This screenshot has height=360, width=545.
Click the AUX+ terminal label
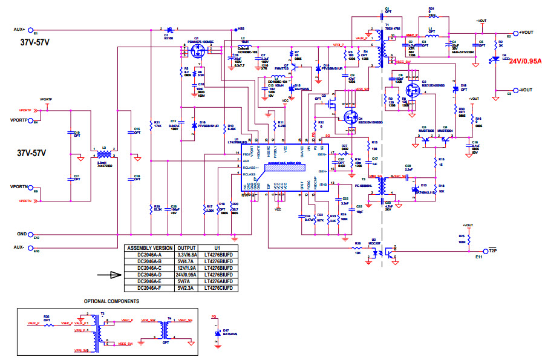pos(18,28)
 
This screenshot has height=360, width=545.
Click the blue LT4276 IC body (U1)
pos(284,168)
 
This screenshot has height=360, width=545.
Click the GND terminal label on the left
pos(22,233)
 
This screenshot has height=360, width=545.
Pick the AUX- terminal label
pos(18,247)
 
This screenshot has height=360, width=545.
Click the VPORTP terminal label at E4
pos(20,119)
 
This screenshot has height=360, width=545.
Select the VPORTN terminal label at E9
pos(20,187)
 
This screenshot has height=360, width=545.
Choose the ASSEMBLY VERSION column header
pos(149,248)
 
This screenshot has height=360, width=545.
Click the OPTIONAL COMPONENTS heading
pos(111,301)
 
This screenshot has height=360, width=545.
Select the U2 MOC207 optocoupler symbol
pos(383,252)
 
